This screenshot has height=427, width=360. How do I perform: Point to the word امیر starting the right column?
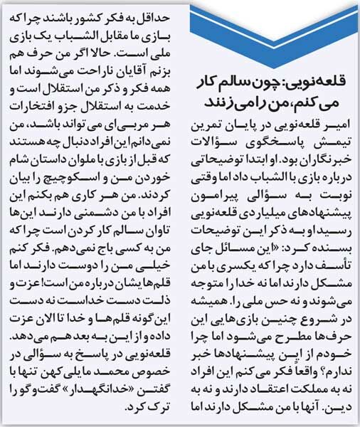point(339,125)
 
